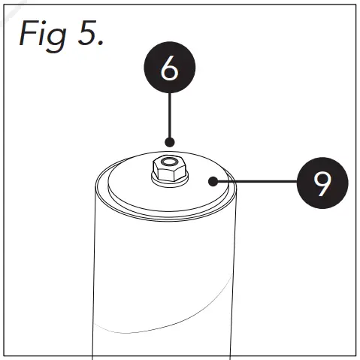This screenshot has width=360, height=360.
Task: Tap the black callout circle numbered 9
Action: coord(322,182)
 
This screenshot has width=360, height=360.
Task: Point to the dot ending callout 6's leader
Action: coord(170,141)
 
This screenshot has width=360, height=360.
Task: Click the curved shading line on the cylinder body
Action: coord(165,323)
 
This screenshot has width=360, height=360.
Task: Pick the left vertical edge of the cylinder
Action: coord(92,271)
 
